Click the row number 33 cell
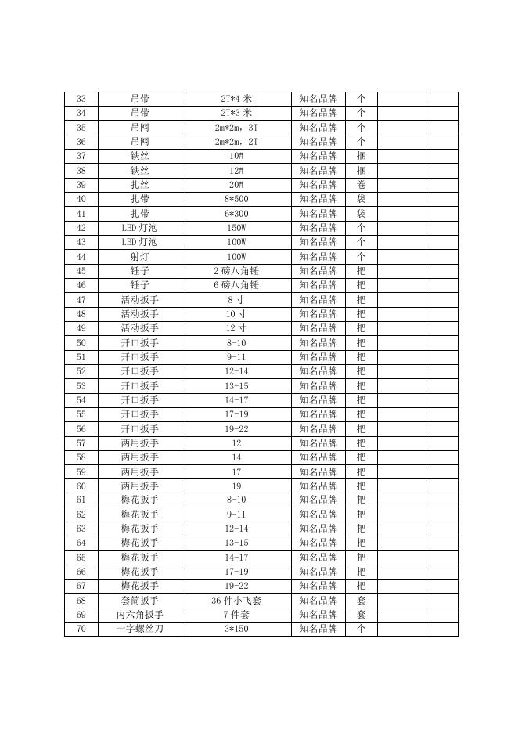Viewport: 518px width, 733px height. [x=81, y=99]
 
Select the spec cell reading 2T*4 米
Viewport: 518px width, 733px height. [x=236, y=99]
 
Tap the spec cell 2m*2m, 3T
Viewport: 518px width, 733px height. [x=236, y=128]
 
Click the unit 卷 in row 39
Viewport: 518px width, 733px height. [x=361, y=185]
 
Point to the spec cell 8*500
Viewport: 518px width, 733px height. [x=236, y=199]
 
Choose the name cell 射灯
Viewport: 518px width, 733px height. [x=140, y=256]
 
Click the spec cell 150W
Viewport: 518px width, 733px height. [x=236, y=228]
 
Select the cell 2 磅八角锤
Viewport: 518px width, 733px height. [x=236, y=271]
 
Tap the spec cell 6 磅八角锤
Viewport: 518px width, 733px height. [x=236, y=285]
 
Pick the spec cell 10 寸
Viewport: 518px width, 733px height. [x=236, y=314]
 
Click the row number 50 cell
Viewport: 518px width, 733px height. [x=81, y=343]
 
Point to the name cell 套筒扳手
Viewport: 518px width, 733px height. [x=140, y=601]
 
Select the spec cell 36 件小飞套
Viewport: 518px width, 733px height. [x=236, y=601]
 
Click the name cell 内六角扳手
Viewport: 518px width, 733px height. [x=140, y=615]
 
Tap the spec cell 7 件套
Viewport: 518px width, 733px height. [x=236, y=615]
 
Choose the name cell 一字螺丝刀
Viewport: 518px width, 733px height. [x=140, y=629]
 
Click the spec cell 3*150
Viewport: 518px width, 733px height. [x=236, y=629]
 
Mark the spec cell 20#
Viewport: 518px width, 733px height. [x=236, y=185]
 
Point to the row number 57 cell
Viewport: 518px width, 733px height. [x=81, y=443]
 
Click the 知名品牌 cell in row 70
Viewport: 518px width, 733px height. [x=318, y=629]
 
